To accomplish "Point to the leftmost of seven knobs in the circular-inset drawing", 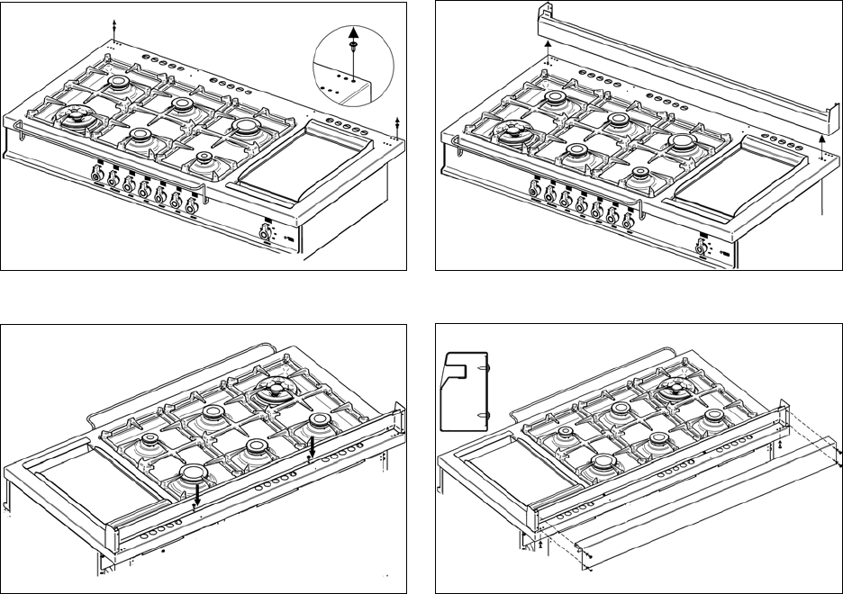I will (98, 177).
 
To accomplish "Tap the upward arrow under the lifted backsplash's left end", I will (547, 47).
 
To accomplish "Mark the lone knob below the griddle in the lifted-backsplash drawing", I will (700, 246).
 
